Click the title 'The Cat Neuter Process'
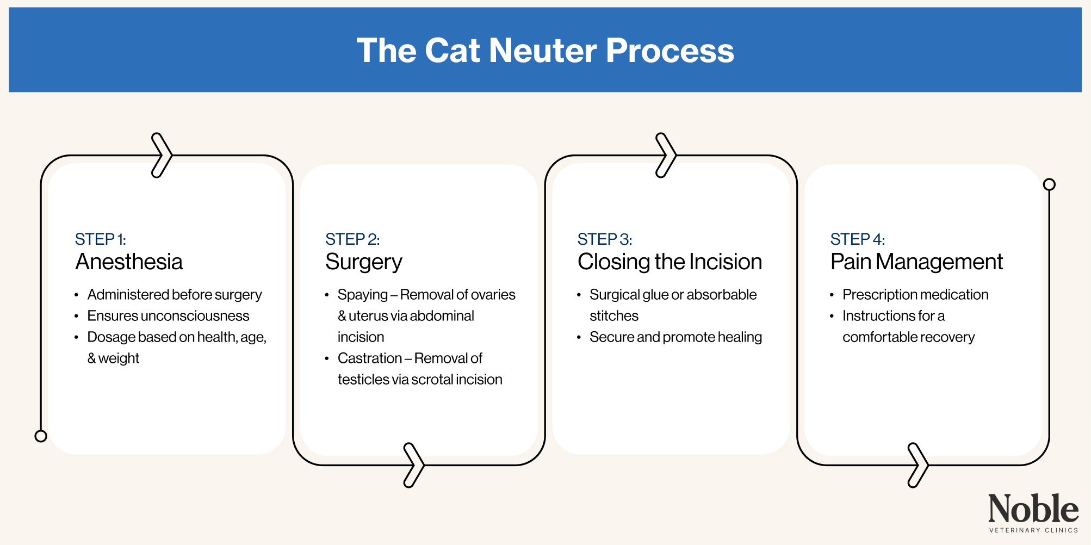point(545,50)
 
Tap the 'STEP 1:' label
point(100,239)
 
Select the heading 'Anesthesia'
point(129,262)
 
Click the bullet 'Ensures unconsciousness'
point(168,316)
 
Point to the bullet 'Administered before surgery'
point(174,295)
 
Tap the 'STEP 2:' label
point(352,239)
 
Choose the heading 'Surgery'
point(363,262)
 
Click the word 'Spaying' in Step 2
point(362,295)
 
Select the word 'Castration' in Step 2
point(369,358)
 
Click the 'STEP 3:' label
point(604,239)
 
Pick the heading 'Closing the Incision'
point(670,262)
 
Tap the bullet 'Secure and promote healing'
point(675,337)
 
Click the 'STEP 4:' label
point(857,239)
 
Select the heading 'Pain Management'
point(916,262)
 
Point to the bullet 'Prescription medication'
point(915,295)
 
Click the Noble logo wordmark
point(1033,509)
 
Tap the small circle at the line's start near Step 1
point(41,436)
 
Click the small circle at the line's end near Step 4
point(1049,184)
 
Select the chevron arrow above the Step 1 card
point(162,155)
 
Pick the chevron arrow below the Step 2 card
point(414,465)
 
